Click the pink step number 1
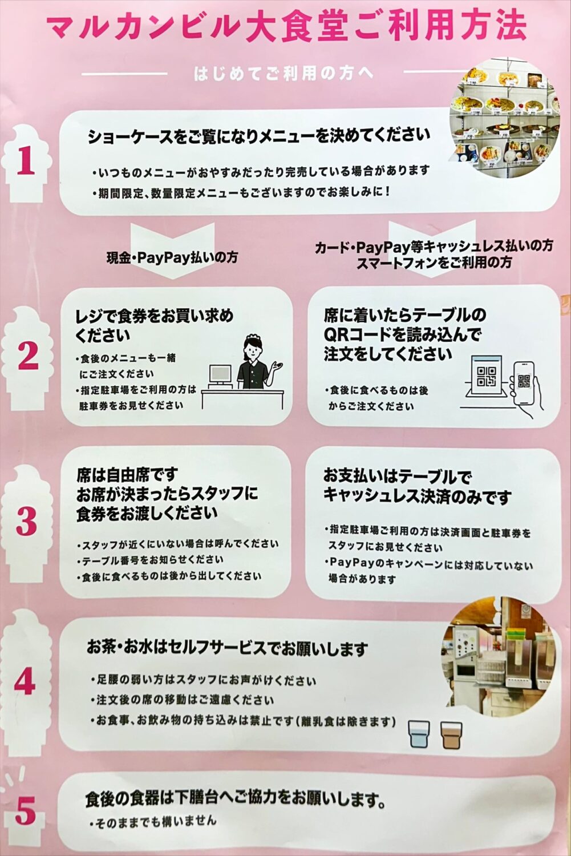pyautogui.click(x=26, y=161)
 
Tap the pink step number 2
pyautogui.click(x=28, y=356)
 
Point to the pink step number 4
pyautogui.click(x=25, y=683)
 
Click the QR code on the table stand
pyautogui.click(x=487, y=377)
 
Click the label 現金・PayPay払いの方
pyautogui.click(x=172, y=258)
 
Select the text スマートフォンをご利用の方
pyautogui.click(x=434, y=263)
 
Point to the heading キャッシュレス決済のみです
pyautogui.click(x=418, y=496)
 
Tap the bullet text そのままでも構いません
pyautogui.click(x=153, y=821)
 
